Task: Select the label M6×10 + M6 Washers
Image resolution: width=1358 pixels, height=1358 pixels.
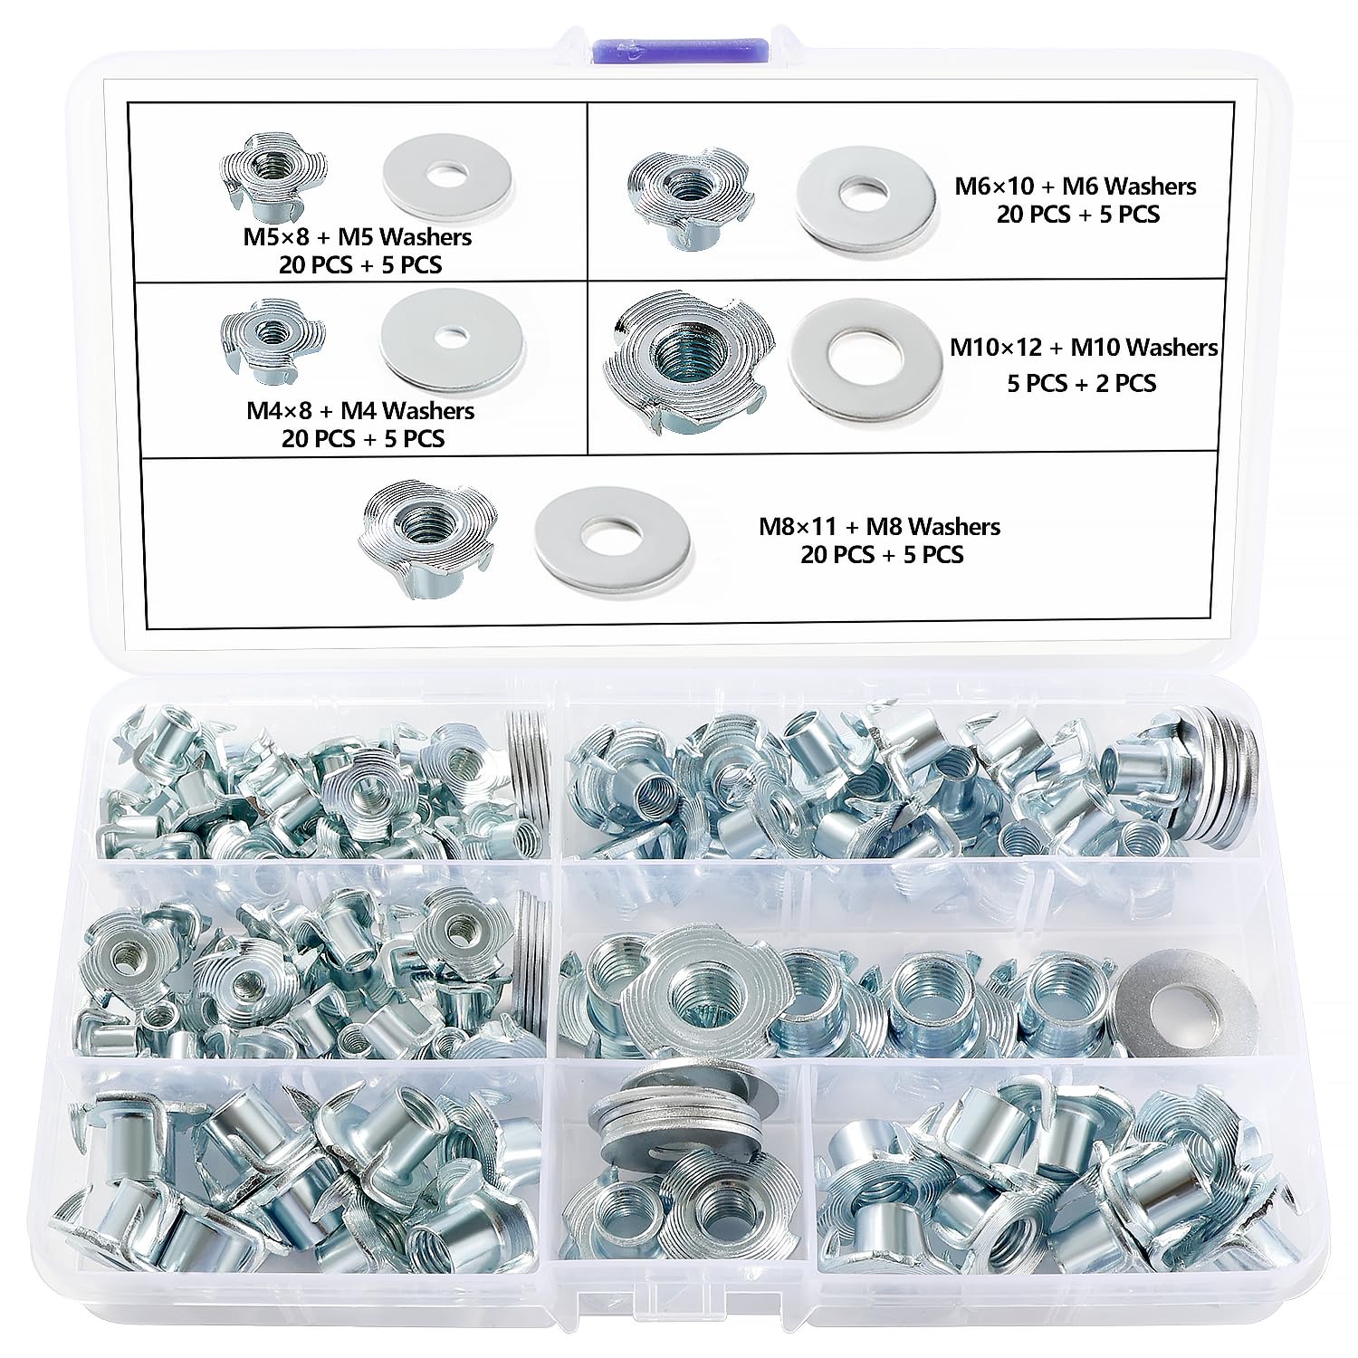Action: point(1076,186)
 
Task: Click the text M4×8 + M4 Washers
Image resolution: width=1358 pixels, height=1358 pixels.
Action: point(360,410)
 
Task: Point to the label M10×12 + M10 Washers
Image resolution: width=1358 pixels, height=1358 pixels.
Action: point(1084,348)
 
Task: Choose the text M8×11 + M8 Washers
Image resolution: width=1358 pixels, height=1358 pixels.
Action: point(879,526)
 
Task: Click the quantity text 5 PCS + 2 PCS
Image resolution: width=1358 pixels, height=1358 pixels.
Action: point(1082,383)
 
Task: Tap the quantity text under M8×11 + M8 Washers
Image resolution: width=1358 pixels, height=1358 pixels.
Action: point(881,554)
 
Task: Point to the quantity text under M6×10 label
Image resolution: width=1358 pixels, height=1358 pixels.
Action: point(1077,215)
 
